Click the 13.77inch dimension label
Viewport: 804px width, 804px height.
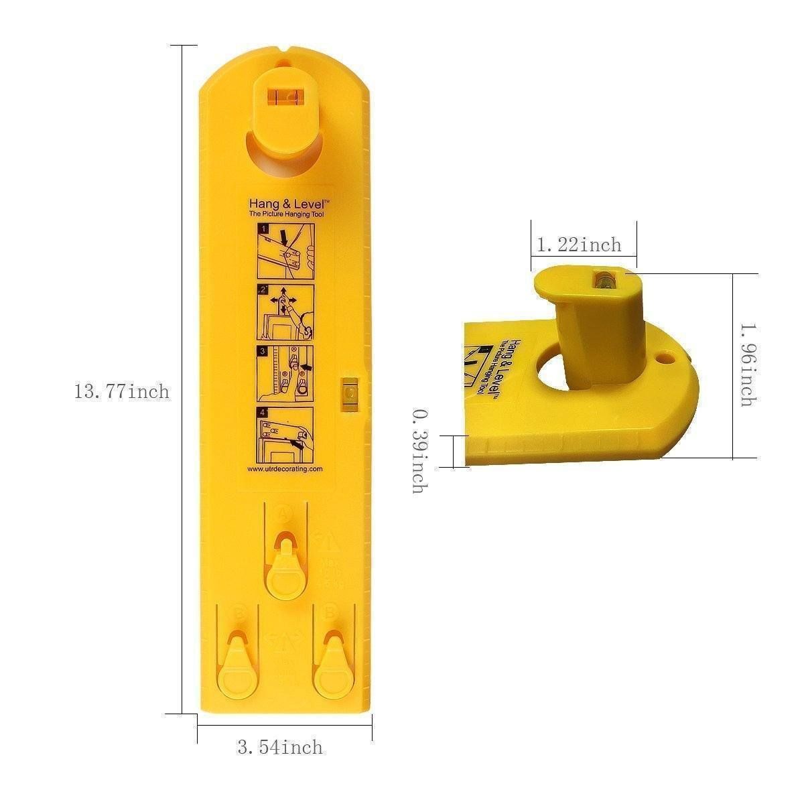(x=121, y=391)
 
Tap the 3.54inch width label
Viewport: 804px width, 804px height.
(x=279, y=748)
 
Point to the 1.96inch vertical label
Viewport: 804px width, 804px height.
(x=745, y=365)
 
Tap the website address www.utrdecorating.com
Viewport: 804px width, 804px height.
(x=285, y=469)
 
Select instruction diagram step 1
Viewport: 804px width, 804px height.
(x=286, y=252)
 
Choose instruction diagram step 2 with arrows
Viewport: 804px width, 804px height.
(x=286, y=312)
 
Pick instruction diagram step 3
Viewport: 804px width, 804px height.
(x=286, y=373)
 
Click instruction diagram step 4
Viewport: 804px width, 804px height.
(x=286, y=434)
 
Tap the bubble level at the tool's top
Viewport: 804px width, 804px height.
(x=283, y=96)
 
